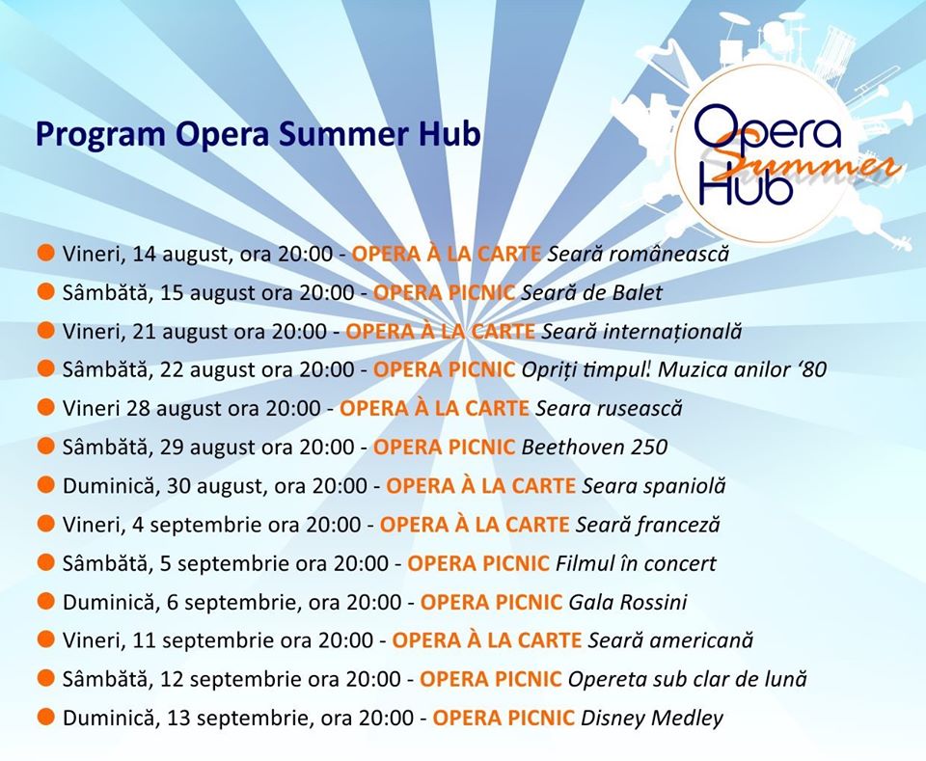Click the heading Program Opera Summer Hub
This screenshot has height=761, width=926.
(x=259, y=135)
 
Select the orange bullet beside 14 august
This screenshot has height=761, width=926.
(x=45, y=253)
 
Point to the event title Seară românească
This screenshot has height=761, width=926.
(x=639, y=254)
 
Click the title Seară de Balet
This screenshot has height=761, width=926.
(x=591, y=292)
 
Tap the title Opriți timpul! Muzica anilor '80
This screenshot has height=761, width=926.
(x=674, y=369)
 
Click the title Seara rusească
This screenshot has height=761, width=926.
(x=609, y=409)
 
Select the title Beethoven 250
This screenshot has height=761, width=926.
(x=594, y=447)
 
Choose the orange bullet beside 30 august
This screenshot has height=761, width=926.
(x=45, y=485)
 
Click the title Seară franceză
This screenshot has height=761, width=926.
(x=648, y=525)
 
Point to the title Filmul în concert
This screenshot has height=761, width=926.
(x=636, y=563)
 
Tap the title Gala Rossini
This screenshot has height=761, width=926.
(x=628, y=602)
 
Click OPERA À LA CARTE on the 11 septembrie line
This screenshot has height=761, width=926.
(x=487, y=640)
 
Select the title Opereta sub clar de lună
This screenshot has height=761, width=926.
(x=688, y=679)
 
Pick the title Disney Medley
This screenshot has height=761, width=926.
(x=652, y=719)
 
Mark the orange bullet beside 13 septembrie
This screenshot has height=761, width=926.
(x=45, y=718)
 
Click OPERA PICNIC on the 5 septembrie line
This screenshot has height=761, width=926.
(x=478, y=563)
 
